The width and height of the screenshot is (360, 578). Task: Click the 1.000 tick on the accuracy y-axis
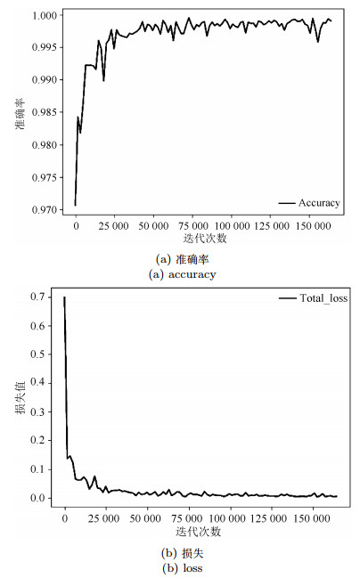[45, 15]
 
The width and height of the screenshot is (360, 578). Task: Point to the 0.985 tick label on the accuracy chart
[45, 112]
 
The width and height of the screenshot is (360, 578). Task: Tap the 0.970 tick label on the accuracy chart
[45, 210]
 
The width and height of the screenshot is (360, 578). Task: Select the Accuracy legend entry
[309, 203]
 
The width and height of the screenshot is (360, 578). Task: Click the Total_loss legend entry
[313, 297]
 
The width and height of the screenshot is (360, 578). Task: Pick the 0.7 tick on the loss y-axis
[37, 297]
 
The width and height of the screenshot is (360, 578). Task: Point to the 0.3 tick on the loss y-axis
[37, 411]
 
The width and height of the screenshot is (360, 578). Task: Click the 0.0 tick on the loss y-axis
[37, 498]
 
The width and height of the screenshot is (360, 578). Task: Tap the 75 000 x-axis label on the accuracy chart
[193, 226]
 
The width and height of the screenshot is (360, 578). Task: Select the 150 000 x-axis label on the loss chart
[313, 518]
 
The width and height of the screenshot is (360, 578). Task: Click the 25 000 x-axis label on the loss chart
[104, 518]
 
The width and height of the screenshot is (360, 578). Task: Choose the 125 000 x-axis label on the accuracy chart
[272, 226]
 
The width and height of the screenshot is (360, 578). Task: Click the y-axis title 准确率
[20, 113]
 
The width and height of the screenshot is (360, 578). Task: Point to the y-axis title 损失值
[20, 397]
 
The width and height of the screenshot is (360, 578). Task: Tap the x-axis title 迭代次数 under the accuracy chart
[205, 239]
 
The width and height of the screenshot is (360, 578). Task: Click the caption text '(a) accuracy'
[182, 274]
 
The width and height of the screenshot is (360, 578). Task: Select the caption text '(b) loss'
[182, 568]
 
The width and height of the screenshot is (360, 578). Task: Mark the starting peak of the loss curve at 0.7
[64, 297]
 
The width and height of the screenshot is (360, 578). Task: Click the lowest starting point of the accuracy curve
[75, 206]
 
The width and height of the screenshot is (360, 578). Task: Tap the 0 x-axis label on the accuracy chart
[76, 226]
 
